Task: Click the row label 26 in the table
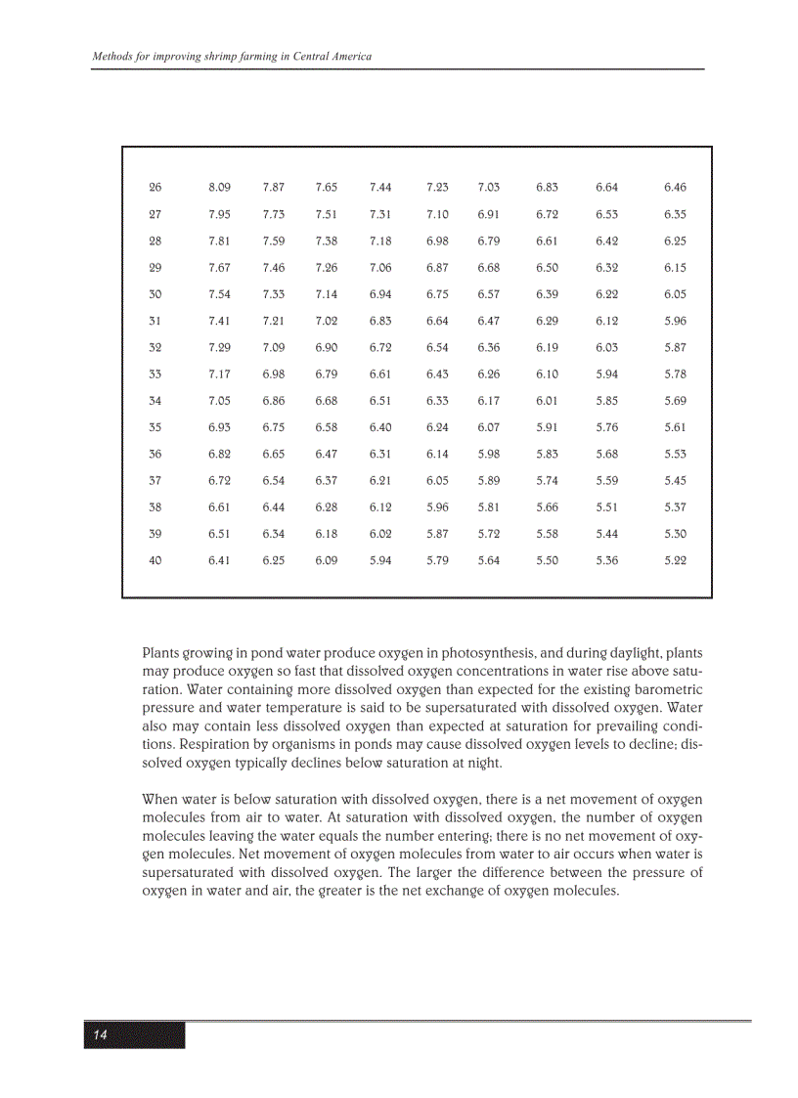pyautogui.click(x=155, y=187)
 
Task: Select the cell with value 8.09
pyautogui.click(x=219, y=187)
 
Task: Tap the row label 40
pyautogui.click(x=155, y=560)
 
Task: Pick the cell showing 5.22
pyautogui.click(x=675, y=560)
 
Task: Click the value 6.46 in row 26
pyautogui.click(x=675, y=187)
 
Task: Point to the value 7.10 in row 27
pyautogui.click(x=437, y=214)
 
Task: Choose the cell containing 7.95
pyautogui.click(x=219, y=214)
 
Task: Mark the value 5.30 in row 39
pyautogui.click(x=675, y=534)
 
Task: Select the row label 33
pyautogui.click(x=155, y=373)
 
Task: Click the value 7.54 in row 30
pyautogui.click(x=219, y=293)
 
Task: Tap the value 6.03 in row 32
pyautogui.click(x=606, y=347)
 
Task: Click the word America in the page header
pyautogui.click(x=348, y=57)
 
